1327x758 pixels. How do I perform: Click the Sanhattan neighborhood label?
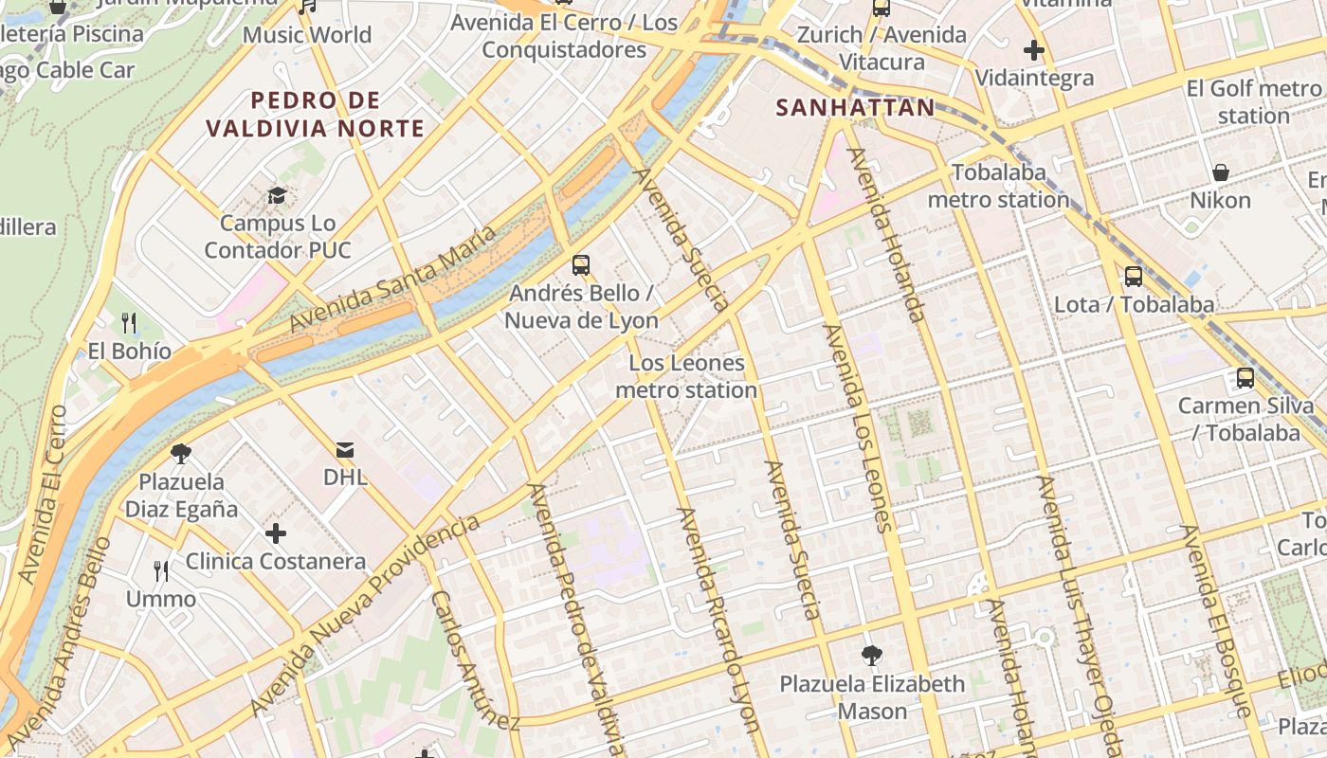[855, 107]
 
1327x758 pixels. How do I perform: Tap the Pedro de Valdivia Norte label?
[316, 114]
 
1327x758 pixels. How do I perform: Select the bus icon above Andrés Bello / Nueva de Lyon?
[581, 265]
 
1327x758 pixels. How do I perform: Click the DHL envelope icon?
[345, 449]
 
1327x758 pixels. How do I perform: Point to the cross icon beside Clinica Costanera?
[276, 533]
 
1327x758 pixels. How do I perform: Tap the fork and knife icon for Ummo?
[161, 570]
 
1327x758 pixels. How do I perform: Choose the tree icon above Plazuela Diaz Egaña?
[181, 454]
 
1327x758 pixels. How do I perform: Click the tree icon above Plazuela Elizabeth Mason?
[871, 655]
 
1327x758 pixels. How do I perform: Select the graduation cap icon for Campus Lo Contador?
[277, 195]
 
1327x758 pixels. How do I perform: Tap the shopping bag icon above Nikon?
[1221, 172]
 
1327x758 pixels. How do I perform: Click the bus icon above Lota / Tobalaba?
[1134, 277]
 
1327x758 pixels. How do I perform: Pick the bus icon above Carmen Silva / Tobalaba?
[1245, 378]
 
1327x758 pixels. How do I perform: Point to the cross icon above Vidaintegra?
[1034, 50]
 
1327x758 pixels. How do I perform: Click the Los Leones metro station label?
[686, 376]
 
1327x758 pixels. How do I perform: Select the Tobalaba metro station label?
[998, 186]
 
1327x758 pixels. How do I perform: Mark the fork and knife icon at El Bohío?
[129, 323]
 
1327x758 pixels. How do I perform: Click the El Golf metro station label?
[1253, 102]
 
